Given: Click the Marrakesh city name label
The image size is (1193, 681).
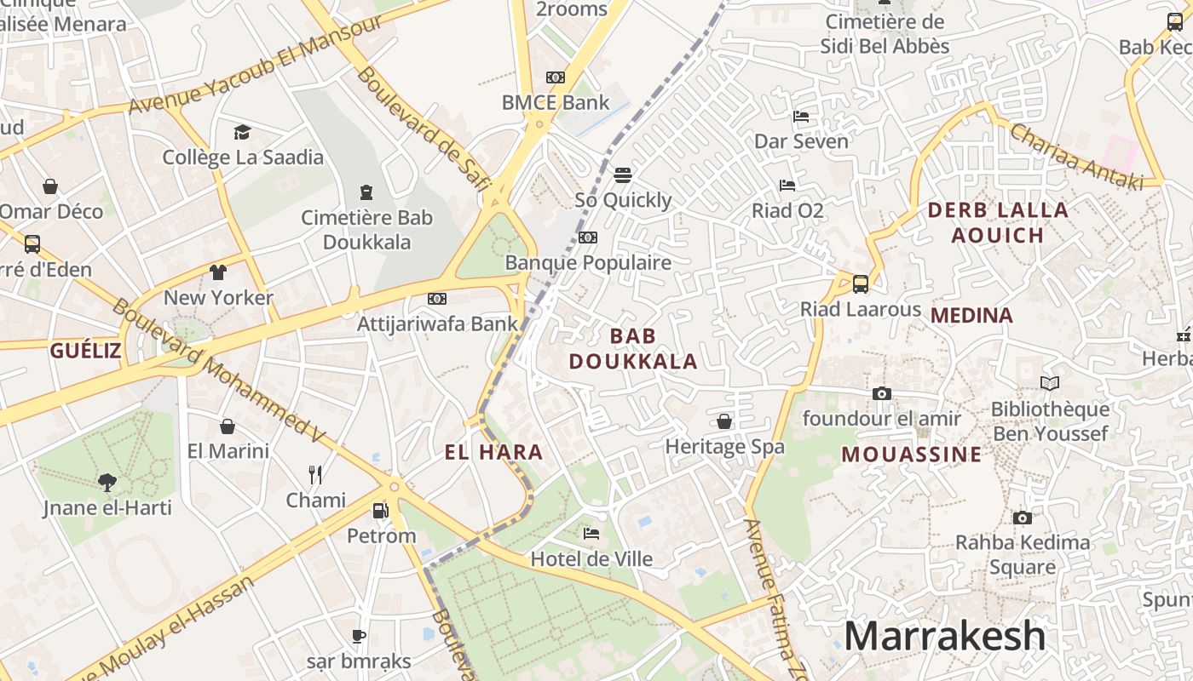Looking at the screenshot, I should click(x=944, y=636).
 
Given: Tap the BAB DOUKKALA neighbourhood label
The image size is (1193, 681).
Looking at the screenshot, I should click(x=633, y=348).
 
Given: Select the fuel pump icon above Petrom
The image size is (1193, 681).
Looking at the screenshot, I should click(x=381, y=511).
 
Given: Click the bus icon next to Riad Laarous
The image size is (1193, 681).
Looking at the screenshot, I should click(x=861, y=283).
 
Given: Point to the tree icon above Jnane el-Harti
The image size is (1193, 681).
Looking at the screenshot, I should click(x=107, y=483).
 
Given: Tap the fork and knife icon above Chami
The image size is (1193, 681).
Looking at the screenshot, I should click(x=315, y=474).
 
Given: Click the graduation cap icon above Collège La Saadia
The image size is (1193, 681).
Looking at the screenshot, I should click(x=243, y=132).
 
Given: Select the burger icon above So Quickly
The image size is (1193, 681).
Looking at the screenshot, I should click(x=623, y=175).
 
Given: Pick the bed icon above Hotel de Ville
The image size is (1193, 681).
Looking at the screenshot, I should click(x=591, y=534).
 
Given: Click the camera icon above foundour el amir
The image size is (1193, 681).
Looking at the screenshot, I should click(x=881, y=393).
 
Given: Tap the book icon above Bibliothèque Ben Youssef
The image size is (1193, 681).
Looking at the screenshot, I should click(x=1050, y=384).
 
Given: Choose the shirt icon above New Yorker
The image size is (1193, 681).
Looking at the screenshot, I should click(x=218, y=272).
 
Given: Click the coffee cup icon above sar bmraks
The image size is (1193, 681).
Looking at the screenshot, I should click(x=359, y=636).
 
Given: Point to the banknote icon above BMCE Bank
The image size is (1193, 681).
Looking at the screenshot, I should click(x=556, y=77).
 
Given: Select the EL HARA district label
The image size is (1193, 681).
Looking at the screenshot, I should click(x=493, y=452).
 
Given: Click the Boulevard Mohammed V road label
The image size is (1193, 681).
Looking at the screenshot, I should click(x=218, y=371).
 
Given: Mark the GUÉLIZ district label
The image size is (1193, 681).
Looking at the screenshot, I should click(x=85, y=350).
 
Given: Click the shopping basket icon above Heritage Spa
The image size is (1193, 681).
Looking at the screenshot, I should click(x=724, y=421).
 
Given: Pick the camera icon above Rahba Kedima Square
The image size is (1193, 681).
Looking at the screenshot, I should click(x=1022, y=518).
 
